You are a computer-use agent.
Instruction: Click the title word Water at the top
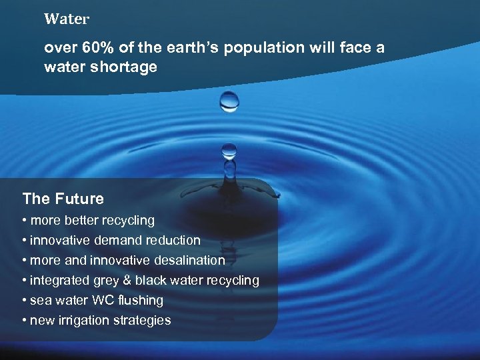(66, 19)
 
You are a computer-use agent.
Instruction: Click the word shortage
(127, 67)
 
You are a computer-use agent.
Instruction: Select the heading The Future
(63, 199)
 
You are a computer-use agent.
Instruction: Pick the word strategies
(143, 321)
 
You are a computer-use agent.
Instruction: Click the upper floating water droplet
(229, 101)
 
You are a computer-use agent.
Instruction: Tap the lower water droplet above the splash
(229, 151)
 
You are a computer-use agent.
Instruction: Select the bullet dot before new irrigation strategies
(25, 321)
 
